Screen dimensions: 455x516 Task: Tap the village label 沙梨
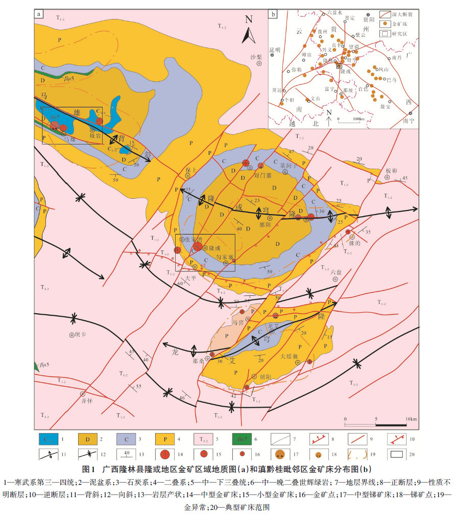click(256, 57)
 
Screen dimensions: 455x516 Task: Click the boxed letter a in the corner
click(39, 14)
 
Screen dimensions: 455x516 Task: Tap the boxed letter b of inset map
click(274, 14)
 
